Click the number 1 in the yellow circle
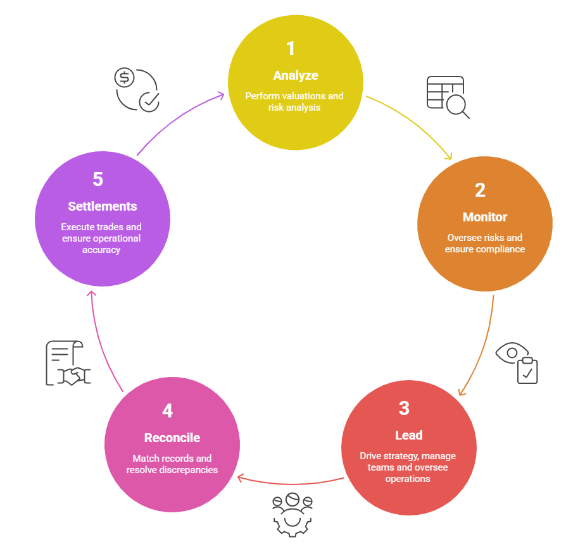pyautogui.click(x=291, y=49)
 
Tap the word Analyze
pyautogui.click(x=296, y=75)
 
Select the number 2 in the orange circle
pyautogui.click(x=480, y=190)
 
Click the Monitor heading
pyautogui.click(x=485, y=217)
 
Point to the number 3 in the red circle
pyautogui.click(x=404, y=408)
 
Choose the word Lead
pyautogui.click(x=408, y=435)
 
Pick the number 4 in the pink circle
pyautogui.click(x=167, y=411)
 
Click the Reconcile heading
pyautogui.click(x=172, y=438)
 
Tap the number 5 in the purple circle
pyautogui.click(x=97, y=180)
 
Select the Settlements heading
pyautogui.click(x=103, y=206)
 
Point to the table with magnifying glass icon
pyautogui.click(x=448, y=97)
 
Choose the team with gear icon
pyautogui.click(x=292, y=512)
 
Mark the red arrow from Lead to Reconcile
pyautogui.click(x=291, y=483)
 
